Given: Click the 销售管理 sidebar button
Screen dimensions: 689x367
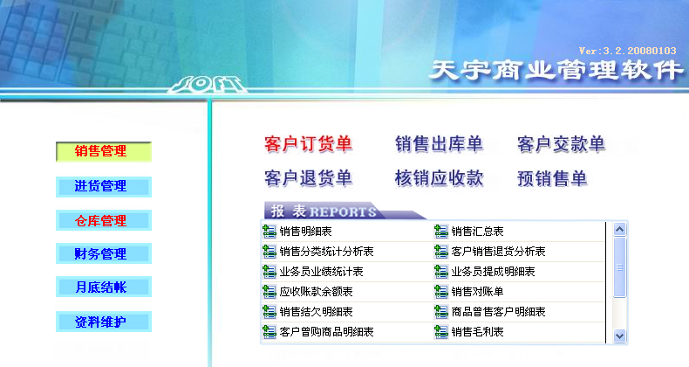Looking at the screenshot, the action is pyautogui.click(x=104, y=151).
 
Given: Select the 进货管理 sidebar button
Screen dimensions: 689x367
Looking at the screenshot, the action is pyautogui.click(x=104, y=187).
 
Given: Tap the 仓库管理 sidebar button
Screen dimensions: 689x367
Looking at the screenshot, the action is pyautogui.click(x=104, y=220).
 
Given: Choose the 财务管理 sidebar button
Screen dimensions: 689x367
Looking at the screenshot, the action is pyautogui.click(x=104, y=253).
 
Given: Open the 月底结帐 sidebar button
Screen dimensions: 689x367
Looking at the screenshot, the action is pyautogui.click(x=104, y=287).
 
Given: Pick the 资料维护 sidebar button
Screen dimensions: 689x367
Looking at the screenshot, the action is pyautogui.click(x=104, y=322).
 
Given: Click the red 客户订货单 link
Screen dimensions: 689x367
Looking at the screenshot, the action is pyautogui.click(x=309, y=144).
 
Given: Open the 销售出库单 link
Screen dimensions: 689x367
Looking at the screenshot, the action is pyautogui.click(x=439, y=144).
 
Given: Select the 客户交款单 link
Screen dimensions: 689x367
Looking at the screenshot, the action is pyautogui.click(x=561, y=144).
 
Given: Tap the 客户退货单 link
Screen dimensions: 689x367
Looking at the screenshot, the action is pyautogui.click(x=309, y=178).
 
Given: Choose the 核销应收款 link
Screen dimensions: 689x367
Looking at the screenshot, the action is pyautogui.click(x=439, y=178).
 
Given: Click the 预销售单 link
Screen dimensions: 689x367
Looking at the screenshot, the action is pyautogui.click(x=552, y=178).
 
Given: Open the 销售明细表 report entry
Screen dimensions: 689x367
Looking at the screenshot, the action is pyautogui.click(x=305, y=232).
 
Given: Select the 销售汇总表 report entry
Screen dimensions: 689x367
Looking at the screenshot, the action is pyautogui.click(x=477, y=232).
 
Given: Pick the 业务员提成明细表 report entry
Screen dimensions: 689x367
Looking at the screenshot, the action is pyautogui.click(x=493, y=272).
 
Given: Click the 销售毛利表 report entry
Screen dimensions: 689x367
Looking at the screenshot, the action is pyautogui.click(x=477, y=332).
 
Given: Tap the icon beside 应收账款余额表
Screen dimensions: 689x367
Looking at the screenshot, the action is pyautogui.click(x=269, y=291).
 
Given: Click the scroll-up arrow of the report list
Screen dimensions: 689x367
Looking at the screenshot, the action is pyautogui.click(x=619, y=229).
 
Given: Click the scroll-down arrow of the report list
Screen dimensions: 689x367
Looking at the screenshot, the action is pyautogui.click(x=619, y=336).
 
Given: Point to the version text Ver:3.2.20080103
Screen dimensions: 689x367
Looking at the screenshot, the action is pyautogui.click(x=627, y=51).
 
